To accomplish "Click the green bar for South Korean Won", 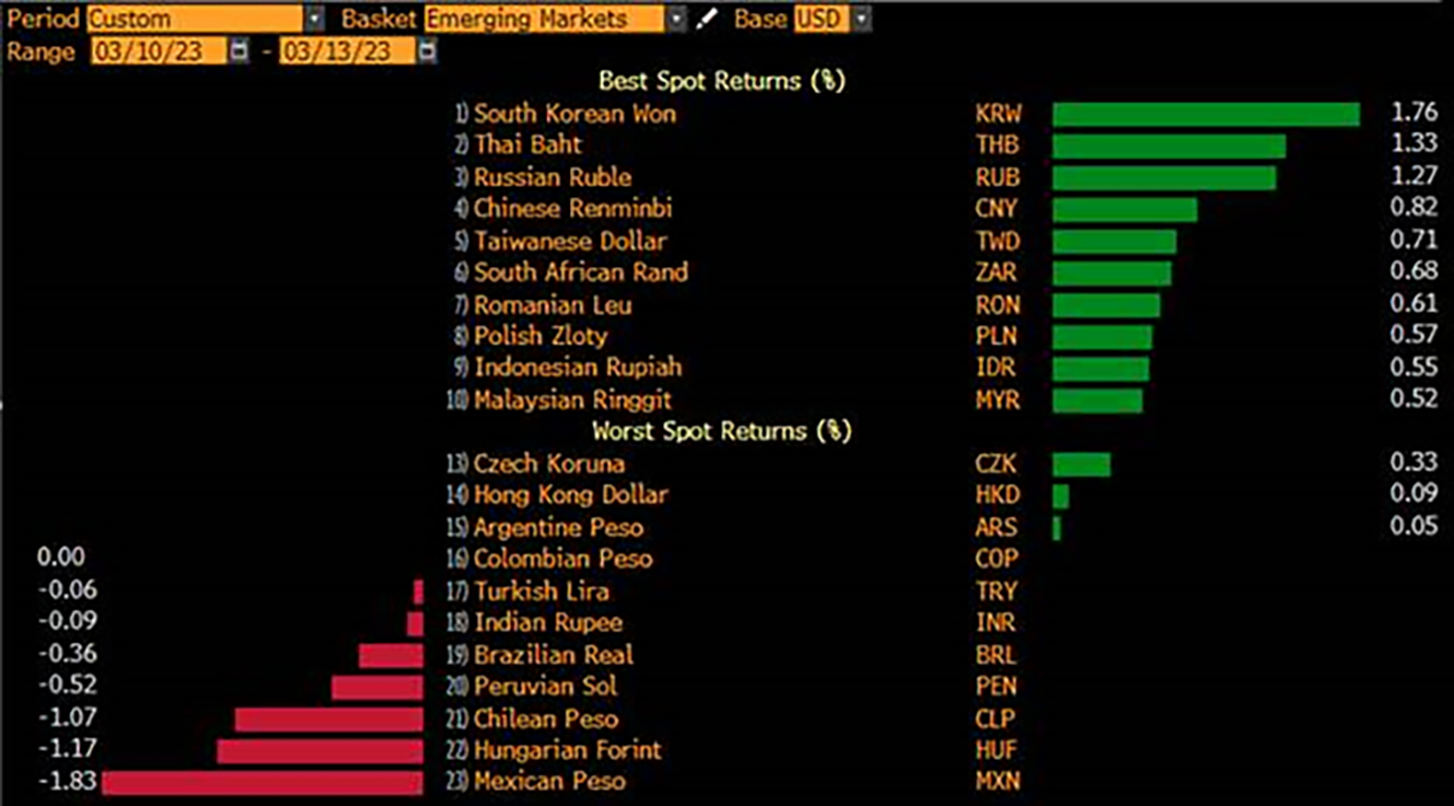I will pos(1206,114).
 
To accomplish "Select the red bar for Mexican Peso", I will pos(262,782).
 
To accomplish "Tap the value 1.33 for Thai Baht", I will pos(1413,144).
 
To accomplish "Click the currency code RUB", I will pos(997,178).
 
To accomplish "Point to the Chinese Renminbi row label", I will pos(572,209).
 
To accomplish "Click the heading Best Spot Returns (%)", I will pos(721,82).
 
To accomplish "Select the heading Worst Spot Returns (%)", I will pos(721,431).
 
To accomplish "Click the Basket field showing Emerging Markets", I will pos(544,19).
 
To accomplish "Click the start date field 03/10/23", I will pos(158,51).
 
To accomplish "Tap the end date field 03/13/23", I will pos(347,51).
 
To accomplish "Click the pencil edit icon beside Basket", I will pos(707,19).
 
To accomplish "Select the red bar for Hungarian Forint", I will pos(320,750).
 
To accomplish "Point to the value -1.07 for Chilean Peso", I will pos(67,718).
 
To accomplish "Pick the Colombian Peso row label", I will pos(563,560).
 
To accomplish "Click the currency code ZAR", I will pos(996,273).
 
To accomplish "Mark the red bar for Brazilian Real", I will pos(391,655).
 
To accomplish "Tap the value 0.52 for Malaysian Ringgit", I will pos(1413,399).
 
